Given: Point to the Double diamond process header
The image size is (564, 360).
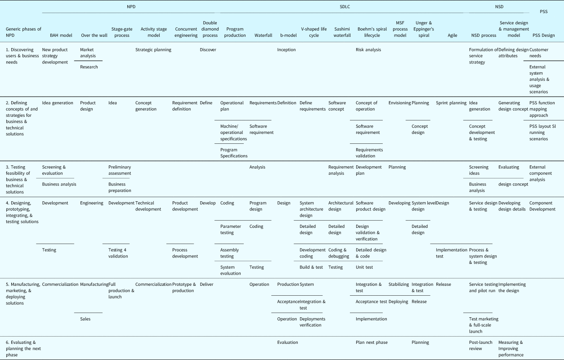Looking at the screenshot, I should [x=210, y=29].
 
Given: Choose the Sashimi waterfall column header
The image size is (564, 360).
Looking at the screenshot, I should [x=339, y=32].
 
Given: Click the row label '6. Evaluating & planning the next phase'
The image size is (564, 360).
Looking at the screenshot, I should [x=20, y=348].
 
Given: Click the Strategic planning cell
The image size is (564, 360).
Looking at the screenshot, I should [x=153, y=49].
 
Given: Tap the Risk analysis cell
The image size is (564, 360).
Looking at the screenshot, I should [x=368, y=49].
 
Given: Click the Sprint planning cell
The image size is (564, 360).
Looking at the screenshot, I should [x=451, y=103].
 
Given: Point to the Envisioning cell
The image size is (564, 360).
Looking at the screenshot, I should [x=399, y=103].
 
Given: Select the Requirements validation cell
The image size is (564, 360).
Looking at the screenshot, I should [x=369, y=153].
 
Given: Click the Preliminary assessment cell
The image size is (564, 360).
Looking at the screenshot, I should [x=120, y=170].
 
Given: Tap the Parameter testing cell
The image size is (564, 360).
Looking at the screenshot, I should [x=230, y=229].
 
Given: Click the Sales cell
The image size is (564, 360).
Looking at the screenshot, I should [x=85, y=319].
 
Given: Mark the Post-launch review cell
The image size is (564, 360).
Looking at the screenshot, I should [x=481, y=345].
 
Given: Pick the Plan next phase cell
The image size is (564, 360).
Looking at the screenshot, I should [x=371, y=342].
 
